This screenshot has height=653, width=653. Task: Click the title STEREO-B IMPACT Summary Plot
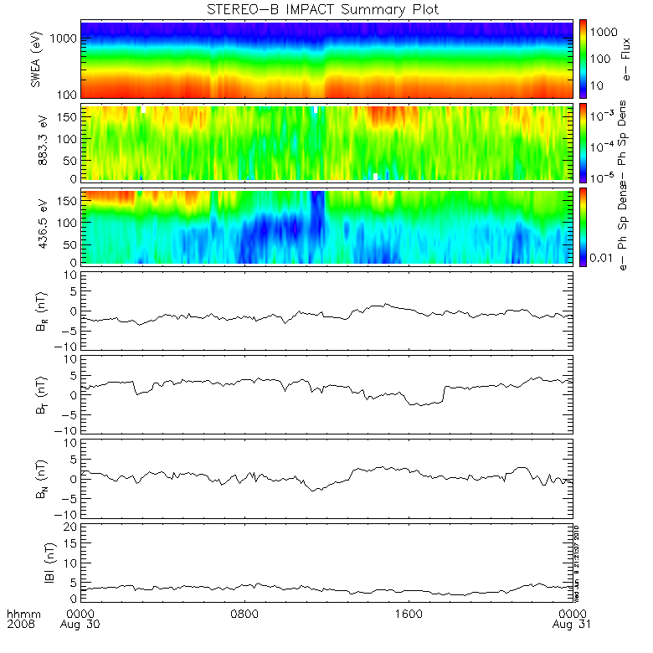click(x=322, y=9)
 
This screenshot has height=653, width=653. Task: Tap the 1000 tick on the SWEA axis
click(x=66, y=39)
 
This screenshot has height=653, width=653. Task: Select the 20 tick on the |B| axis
click(x=71, y=526)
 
